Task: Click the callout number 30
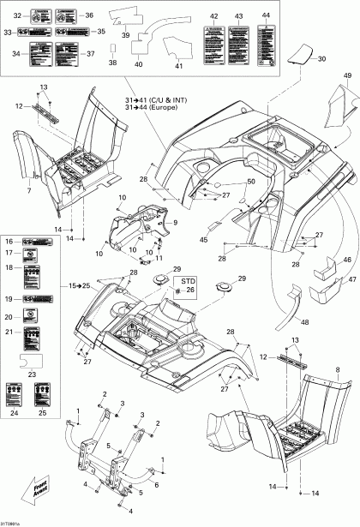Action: tap(322, 59)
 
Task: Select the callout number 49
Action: tap(348, 76)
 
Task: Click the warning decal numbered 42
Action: tap(214, 39)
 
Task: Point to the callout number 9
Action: tap(176, 223)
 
